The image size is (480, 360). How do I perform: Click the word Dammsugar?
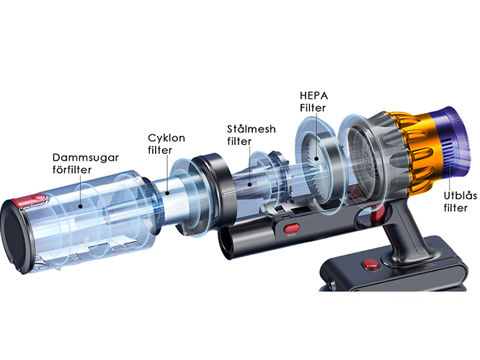pos(86,158)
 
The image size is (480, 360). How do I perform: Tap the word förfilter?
pos(72,169)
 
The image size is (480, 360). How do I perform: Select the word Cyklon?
pos(166,138)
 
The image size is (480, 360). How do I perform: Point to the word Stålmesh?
pos(251,129)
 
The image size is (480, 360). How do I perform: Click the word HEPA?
pos(314,96)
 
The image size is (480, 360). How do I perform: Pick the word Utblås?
pos(460,196)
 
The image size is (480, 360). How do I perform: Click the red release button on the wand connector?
pos(291,228)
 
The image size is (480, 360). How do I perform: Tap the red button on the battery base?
pos(370,264)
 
